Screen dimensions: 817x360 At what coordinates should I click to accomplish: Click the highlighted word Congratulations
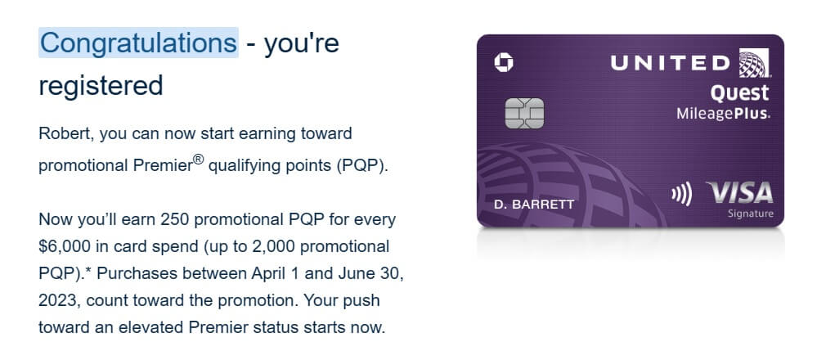coord(138,43)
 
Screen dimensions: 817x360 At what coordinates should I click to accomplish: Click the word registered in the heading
coord(101,85)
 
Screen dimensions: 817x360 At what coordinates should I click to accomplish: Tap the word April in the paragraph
coord(269,274)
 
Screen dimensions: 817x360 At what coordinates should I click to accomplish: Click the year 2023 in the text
coord(58,301)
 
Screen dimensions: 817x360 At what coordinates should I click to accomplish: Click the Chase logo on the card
coord(503,63)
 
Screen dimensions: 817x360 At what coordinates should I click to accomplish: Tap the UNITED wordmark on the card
coord(671,63)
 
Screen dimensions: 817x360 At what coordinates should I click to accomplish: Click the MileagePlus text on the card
coord(723,114)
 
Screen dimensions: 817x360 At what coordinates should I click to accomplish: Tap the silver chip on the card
coord(524,114)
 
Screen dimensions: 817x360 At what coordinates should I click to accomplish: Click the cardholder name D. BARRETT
coord(533,205)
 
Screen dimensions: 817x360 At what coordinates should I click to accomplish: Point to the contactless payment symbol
coord(681,195)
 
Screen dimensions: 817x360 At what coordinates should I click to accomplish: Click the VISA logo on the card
coord(739,194)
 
